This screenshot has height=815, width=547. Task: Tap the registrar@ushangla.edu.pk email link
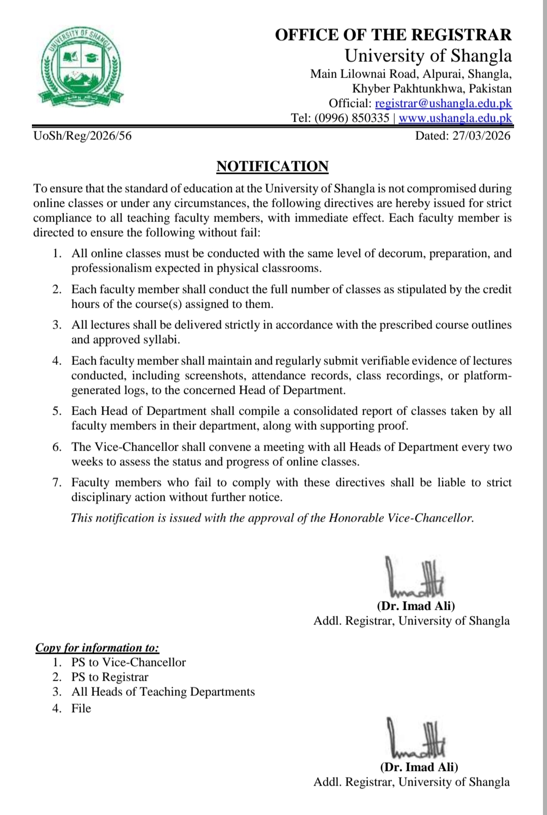point(443,103)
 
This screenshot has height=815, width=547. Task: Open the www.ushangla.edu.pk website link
point(455,118)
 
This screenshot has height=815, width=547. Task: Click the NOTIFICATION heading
point(272,166)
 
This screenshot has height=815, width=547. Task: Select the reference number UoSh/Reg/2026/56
point(83,135)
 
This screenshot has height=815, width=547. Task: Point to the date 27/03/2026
point(481,135)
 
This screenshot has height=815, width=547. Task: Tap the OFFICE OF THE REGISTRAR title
point(393,34)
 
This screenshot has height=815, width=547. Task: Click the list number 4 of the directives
point(57,361)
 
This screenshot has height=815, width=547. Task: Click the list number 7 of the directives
point(57,483)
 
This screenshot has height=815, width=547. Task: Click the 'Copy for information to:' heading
point(97,648)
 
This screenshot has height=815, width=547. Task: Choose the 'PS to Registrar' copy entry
point(110,677)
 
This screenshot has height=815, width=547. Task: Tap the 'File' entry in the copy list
point(81,708)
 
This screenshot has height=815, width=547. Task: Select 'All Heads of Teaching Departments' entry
point(163,692)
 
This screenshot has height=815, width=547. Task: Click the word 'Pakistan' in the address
point(490,89)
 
